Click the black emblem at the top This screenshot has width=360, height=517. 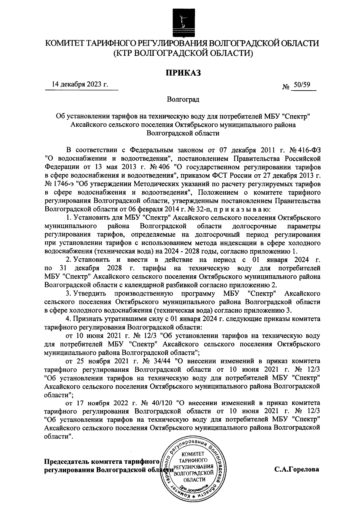pyautogui.click(x=181, y=22)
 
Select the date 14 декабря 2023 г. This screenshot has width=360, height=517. pyautogui.click(x=80, y=84)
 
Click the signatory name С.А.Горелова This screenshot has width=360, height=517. pyautogui.click(x=296, y=469)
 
